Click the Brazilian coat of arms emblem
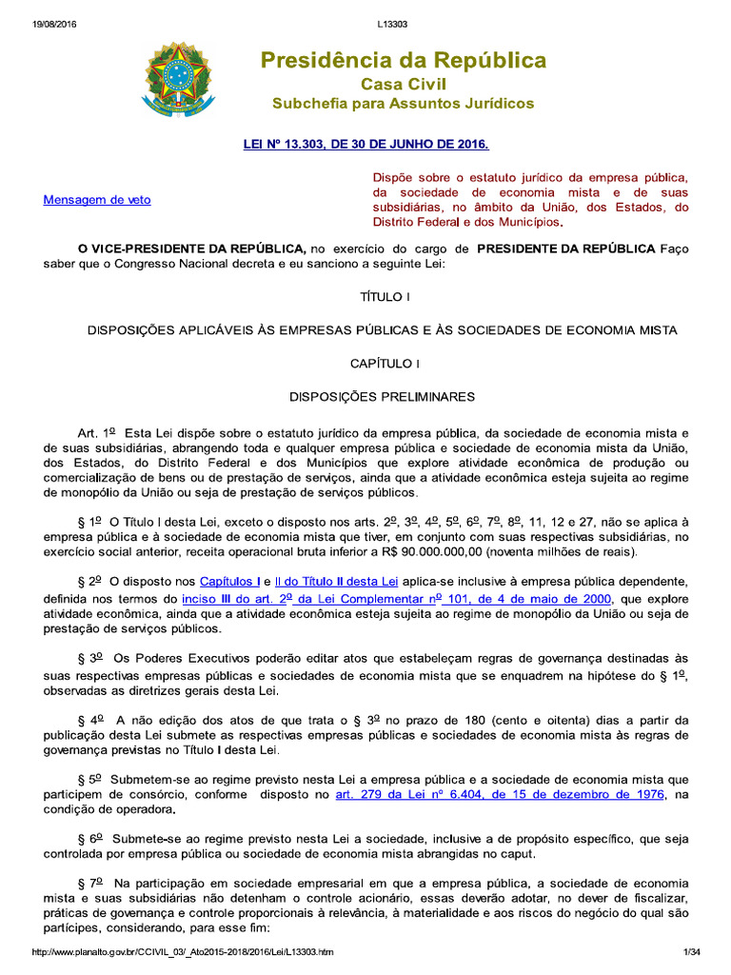[x=178, y=75]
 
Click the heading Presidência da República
[x=404, y=61]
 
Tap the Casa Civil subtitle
[x=404, y=84]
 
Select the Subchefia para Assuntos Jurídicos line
[x=404, y=103]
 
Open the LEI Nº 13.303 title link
[x=366, y=144]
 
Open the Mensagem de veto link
[x=97, y=200]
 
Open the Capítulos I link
[x=228, y=581]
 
